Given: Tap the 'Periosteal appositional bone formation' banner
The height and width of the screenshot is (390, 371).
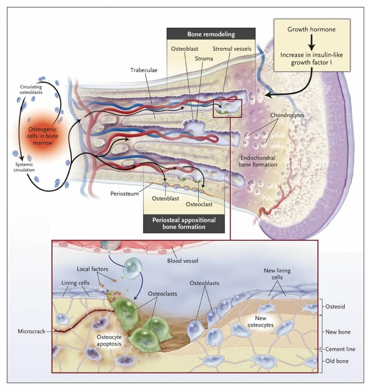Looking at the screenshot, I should (184, 223).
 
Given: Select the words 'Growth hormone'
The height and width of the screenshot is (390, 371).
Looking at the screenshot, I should (311, 29).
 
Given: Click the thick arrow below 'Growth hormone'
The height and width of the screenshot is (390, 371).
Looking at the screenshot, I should (311, 42).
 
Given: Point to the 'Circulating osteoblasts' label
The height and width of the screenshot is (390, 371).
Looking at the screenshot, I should (31, 89).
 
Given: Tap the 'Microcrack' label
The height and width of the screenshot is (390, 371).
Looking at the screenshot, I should (31, 331).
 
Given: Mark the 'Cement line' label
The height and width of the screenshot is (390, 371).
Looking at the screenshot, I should (340, 349).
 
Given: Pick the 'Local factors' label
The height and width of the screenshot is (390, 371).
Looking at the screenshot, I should (88, 269).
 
